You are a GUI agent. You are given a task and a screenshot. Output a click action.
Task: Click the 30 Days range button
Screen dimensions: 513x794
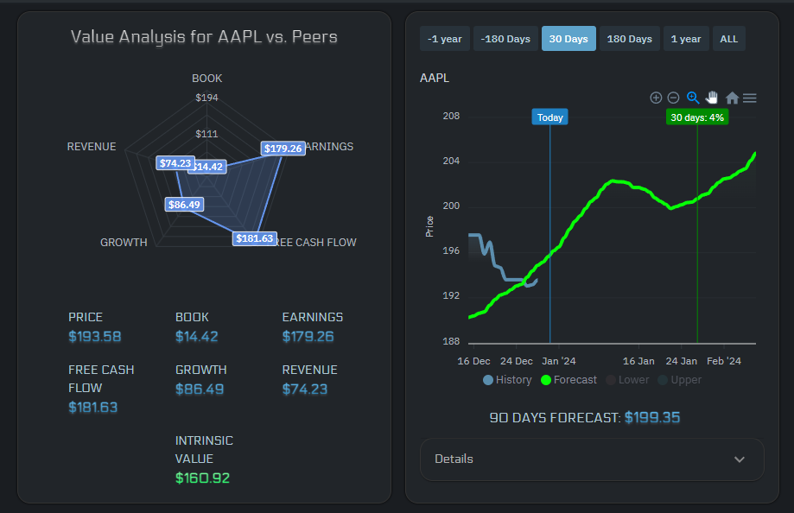[x=569, y=39]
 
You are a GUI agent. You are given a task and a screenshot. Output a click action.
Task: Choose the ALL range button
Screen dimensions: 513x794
[x=728, y=39]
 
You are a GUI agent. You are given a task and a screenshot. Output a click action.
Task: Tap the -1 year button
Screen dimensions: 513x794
[x=444, y=39]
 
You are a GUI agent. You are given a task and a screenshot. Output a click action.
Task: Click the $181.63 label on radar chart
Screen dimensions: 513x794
[x=254, y=238]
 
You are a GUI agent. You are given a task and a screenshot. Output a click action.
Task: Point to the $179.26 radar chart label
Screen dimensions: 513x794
[x=283, y=149]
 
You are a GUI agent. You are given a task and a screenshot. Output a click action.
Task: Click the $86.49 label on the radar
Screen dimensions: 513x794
[x=184, y=205]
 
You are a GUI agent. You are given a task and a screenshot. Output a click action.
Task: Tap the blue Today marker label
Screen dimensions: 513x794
[x=549, y=117]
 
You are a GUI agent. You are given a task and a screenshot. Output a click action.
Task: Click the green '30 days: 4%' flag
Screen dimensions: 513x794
[x=697, y=117]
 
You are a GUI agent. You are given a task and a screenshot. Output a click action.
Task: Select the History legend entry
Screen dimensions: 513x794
[x=508, y=380]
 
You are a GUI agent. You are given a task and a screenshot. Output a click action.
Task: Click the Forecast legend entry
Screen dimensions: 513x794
[x=569, y=380]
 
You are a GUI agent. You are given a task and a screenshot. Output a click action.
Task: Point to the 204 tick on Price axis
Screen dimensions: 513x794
[x=451, y=161]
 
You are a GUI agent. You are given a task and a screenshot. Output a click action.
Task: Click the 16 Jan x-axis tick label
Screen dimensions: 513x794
[x=639, y=361]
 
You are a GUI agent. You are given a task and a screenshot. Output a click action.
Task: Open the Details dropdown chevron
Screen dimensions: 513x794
[x=739, y=459]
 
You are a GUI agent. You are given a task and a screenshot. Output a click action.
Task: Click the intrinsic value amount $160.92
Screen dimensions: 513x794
[x=202, y=478]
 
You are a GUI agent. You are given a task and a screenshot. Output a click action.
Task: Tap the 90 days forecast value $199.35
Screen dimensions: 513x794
[x=651, y=418]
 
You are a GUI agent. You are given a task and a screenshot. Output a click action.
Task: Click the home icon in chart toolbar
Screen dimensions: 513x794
[x=732, y=98]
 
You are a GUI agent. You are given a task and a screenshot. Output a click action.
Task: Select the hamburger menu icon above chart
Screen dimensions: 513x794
[x=750, y=98]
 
